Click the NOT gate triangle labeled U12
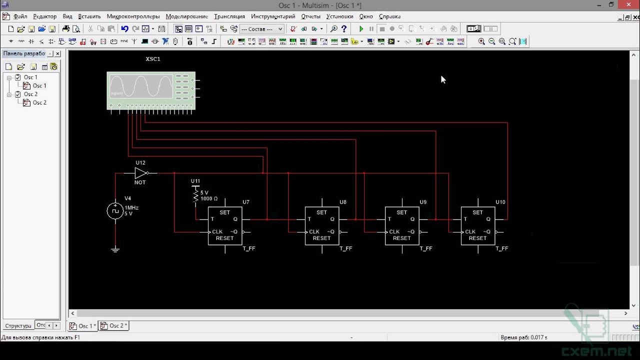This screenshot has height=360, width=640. coord(141,173)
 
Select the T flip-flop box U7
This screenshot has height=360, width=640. coord(225,225)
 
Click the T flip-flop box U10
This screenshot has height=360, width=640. coord(478,225)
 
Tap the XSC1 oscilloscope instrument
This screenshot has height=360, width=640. coord(150,90)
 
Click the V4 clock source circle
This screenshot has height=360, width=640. coord(115,211)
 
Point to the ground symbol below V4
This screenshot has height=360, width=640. coord(115,249)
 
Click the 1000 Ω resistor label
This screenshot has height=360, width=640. coord(209,198)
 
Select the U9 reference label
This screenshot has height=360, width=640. coord(423,202)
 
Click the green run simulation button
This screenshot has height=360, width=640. coord(361,29)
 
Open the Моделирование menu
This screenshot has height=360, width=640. coord(186,16)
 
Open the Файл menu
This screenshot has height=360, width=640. coord(20,16)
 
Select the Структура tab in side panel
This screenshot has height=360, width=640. coord(18,326)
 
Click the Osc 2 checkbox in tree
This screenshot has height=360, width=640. coord(18,94)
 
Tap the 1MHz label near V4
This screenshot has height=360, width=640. coord(132,207)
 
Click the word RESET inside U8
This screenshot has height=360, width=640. coord(321,238)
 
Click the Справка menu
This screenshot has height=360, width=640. coord(389,16)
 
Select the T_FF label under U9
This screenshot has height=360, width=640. coord(426,248)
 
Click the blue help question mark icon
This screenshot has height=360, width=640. coord(344,29)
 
